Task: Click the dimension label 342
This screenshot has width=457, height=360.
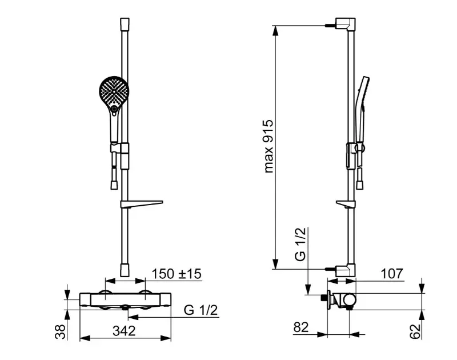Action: (x=124, y=331)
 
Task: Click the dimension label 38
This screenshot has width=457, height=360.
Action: (x=61, y=332)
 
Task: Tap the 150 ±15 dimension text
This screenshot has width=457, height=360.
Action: (x=177, y=274)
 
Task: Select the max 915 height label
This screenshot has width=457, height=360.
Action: (x=268, y=146)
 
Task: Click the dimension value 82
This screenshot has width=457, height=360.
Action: (x=301, y=327)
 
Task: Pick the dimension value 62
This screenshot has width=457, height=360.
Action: (x=416, y=331)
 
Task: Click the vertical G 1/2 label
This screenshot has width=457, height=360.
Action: (x=300, y=244)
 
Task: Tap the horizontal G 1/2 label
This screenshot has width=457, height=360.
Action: (x=201, y=310)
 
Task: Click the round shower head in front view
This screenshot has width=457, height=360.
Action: (x=114, y=91)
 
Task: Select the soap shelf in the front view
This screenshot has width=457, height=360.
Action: (x=141, y=204)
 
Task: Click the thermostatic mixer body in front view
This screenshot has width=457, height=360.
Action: (x=125, y=299)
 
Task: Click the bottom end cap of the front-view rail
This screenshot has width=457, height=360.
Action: (x=125, y=270)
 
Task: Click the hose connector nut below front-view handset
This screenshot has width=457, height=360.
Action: (x=114, y=185)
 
